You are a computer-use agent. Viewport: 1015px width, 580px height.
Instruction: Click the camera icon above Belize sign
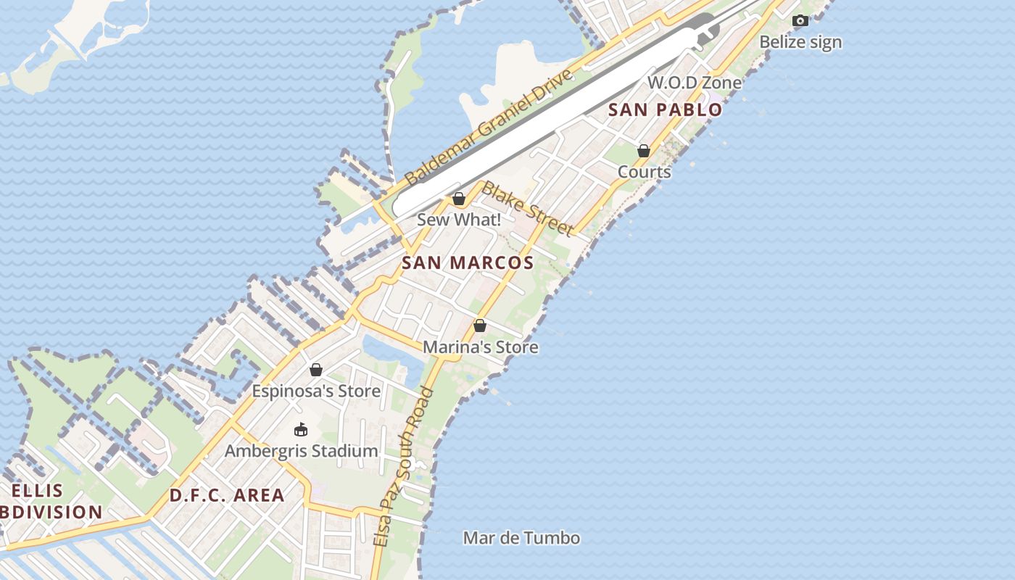coord(800,21)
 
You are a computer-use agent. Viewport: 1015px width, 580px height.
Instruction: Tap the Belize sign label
coord(800,42)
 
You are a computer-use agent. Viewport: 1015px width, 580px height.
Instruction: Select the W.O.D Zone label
coord(695,83)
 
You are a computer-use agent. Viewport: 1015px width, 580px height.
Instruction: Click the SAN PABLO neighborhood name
coord(665,110)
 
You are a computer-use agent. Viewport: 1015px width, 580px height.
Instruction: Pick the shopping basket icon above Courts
coord(644,151)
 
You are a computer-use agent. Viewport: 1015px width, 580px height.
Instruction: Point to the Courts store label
coord(644,173)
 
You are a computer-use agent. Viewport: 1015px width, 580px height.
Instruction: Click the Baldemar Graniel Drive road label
coord(489,127)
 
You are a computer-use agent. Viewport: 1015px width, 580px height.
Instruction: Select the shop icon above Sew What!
coord(458,199)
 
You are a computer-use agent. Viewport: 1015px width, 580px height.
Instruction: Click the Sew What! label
coord(458,220)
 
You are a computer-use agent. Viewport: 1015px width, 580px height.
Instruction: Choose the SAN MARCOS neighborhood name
coord(468,263)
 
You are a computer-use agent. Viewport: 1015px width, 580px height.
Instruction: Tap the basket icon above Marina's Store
coord(480,326)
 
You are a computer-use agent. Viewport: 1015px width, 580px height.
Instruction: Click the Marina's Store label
coord(480,347)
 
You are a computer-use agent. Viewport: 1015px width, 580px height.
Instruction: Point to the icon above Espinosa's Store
coord(316,370)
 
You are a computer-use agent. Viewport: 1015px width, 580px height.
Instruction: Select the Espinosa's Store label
coord(316,391)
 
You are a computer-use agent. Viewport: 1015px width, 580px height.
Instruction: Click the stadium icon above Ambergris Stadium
coord(301,429)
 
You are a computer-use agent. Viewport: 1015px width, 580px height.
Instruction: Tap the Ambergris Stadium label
coord(301,451)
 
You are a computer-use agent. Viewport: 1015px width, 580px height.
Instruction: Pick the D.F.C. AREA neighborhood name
coord(227,496)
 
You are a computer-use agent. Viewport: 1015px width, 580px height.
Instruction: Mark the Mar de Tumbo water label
coord(521,538)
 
